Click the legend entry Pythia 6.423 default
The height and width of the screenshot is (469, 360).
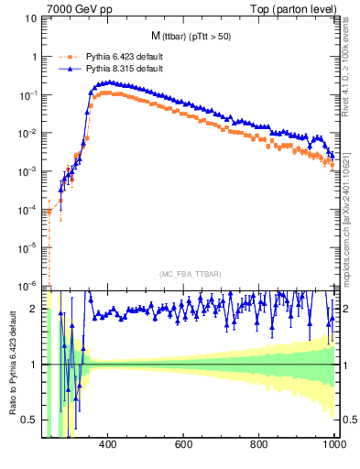(x=117, y=56)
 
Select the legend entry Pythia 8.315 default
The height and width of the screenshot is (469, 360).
(x=117, y=68)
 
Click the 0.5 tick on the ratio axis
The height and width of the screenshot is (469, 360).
(x=30, y=420)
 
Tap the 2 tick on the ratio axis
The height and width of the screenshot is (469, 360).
(x=35, y=309)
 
